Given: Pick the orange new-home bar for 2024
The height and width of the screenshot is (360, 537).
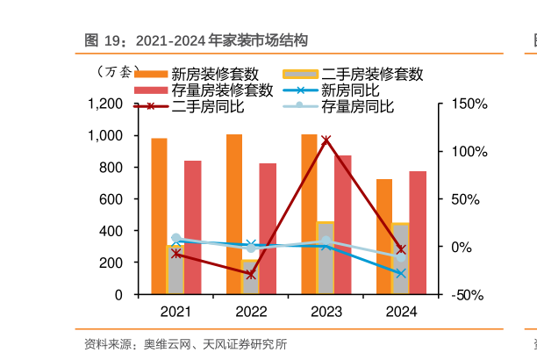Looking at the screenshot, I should (x=384, y=236).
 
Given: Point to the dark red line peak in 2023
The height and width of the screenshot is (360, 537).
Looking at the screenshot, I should (x=326, y=140).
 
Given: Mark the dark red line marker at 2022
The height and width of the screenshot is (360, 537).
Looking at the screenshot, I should (x=251, y=275).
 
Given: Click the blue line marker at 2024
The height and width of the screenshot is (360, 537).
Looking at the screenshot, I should (x=401, y=274).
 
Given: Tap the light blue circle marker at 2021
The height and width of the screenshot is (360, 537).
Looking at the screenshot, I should (x=175, y=239).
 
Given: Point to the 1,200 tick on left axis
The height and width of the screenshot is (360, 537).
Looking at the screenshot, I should (x=105, y=104).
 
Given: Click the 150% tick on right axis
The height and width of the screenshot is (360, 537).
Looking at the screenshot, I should (x=469, y=104).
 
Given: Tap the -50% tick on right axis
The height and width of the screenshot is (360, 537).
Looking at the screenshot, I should (x=469, y=295).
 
